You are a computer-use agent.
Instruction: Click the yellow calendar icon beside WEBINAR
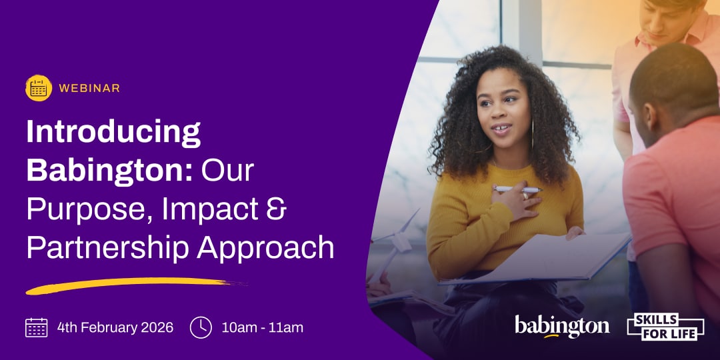(39, 88)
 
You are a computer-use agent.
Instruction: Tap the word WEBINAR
(89, 88)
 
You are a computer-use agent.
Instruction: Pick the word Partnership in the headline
(107, 249)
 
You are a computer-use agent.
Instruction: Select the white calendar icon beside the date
(36, 327)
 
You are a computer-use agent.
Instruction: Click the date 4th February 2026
(115, 327)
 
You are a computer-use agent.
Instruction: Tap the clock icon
(201, 327)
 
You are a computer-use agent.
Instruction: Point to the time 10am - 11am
(263, 328)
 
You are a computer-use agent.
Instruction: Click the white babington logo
(562, 327)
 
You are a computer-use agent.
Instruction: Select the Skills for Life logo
(666, 327)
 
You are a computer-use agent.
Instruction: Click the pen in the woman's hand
(517, 189)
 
